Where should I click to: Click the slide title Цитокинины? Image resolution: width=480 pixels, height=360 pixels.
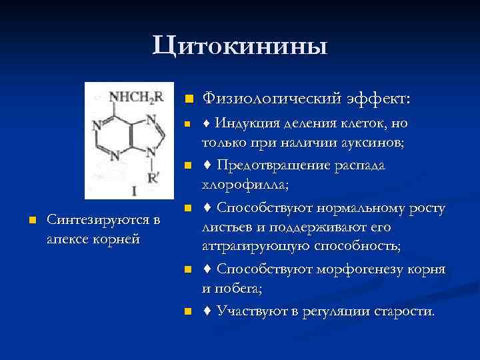click(x=239, y=47)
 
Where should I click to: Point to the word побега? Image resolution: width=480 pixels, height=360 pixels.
click(x=242, y=288)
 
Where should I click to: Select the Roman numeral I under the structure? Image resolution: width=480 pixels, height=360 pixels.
click(x=134, y=191)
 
